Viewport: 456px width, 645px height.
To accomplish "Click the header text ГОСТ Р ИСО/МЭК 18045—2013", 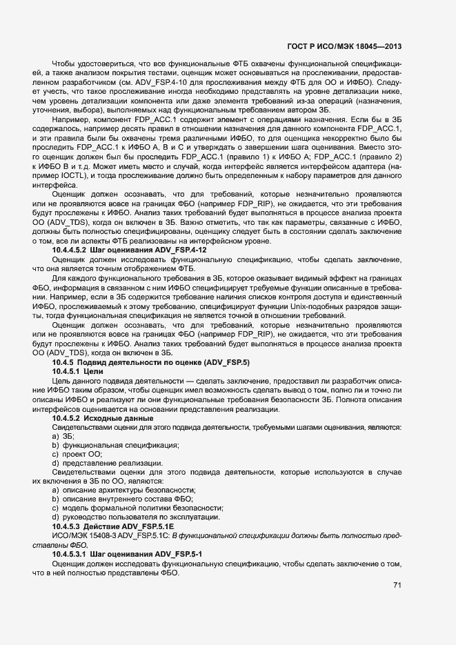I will (344, 47).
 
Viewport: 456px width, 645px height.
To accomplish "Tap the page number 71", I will (397, 586).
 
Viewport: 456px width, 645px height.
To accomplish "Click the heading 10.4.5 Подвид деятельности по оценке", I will (151, 361).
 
